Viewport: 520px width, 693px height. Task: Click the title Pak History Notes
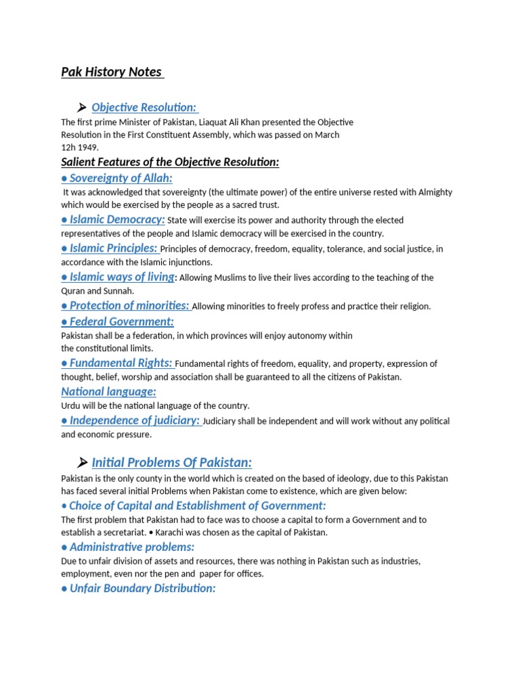pyautogui.click(x=112, y=72)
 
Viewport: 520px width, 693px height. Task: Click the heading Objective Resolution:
pyautogui.click(x=144, y=108)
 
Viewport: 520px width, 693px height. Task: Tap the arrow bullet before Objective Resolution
pyautogui.click(x=82, y=108)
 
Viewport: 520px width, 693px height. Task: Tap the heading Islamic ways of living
pyautogui.click(x=118, y=277)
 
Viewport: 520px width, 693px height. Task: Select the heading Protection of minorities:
pyautogui.click(x=125, y=306)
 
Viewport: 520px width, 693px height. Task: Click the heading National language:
pyautogui.click(x=108, y=391)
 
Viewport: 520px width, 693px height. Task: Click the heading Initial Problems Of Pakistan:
pyautogui.click(x=171, y=463)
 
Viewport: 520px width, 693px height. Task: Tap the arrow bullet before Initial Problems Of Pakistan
pyautogui.click(x=82, y=463)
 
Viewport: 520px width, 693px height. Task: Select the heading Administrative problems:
pyautogui.click(x=128, y=547)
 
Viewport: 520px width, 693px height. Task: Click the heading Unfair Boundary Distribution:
pyautogui.click(x=138, y=588)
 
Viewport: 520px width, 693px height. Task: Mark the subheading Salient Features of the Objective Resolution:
pyautogui.click(x=170, y=162)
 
